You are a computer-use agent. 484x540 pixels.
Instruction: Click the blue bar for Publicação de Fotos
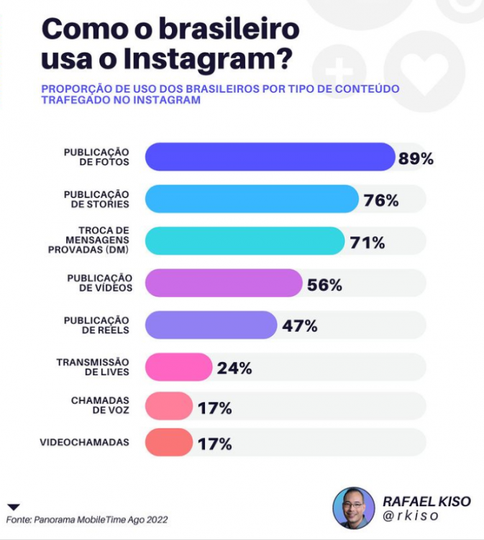click(x=270, y=157)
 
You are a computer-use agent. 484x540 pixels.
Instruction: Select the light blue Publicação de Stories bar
click(x=252, y=199)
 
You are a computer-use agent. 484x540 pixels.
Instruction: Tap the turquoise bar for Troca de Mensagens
click(x=245, y=240)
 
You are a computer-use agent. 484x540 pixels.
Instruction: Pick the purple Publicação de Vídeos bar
click(x=223, y=283)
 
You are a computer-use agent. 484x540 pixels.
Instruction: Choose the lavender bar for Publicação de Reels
click(x=211, y=325)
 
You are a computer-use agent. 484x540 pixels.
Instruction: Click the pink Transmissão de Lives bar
click(x=178, y=367)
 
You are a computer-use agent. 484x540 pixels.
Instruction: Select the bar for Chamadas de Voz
click(x=169, y=406)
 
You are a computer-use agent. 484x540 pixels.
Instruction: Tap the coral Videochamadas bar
click(x=169, y=442)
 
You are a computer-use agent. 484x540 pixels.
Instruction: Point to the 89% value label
click(x=416, y=159)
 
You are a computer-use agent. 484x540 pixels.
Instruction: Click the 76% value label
click(x=381, y=201)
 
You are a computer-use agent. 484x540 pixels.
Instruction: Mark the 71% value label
click(x=367, y=243)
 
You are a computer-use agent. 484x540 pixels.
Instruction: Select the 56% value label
click(x=324, y=285)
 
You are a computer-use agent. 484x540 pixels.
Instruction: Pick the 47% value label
click(x=300, y=326)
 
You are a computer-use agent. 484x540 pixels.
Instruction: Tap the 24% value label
click(x=234, y=369)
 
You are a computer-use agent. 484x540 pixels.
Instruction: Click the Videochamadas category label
click(x=85, y=442)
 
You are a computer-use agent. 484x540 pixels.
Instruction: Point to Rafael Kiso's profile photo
click(x=353, y=508)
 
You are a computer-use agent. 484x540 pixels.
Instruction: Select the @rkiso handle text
click(x=411, y=517)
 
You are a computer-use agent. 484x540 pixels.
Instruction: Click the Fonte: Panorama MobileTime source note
click(x=88, y=519)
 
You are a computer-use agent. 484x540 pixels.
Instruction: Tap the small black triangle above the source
click(x=14, y=507)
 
